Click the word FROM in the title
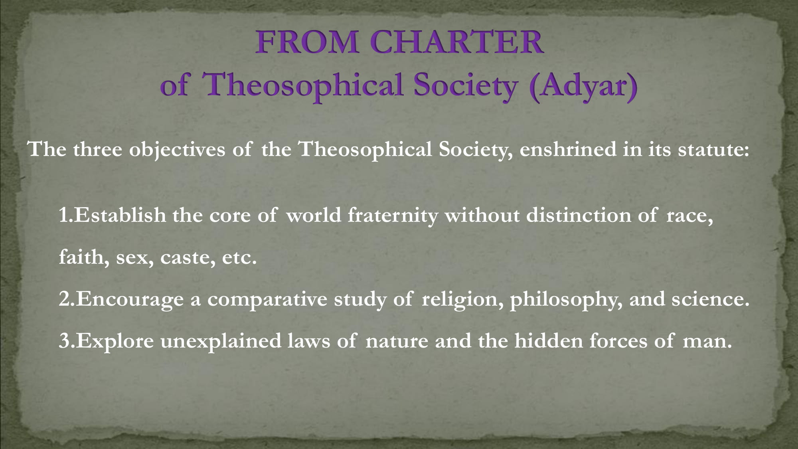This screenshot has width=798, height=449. coord(307,42)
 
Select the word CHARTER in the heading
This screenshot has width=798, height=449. coord(456,42)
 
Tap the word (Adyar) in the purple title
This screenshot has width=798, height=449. coord(583,86)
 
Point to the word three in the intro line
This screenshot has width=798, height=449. coord(97,149)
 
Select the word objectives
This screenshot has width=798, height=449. coord(177,150)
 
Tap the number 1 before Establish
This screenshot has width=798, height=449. coord(63,215)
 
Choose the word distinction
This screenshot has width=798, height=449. coord(579,215)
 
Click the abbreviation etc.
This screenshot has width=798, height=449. coord(239,257)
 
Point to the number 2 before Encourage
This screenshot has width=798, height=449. coord(64,299)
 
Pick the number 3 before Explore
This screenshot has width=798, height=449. coord(64,341)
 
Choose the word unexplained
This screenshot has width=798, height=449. coord(221,342)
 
